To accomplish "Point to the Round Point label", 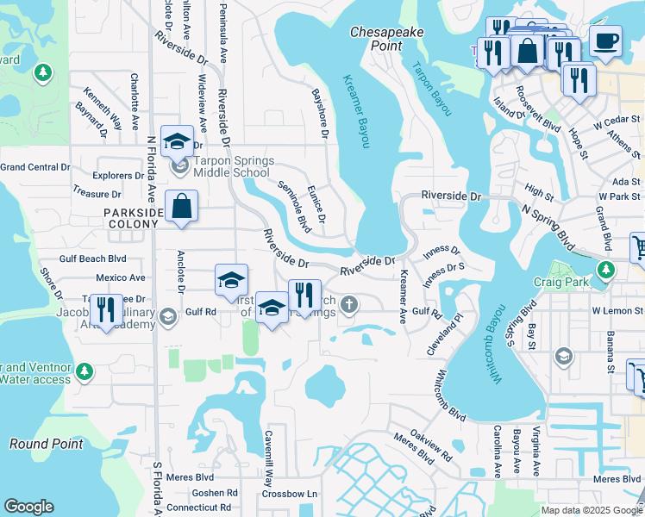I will pyautogui.click(x=47, y=444).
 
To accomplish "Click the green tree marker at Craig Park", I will pyautogui.click(x=607, y=270).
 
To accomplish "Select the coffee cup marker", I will pyautogui.click(x=605, y=40).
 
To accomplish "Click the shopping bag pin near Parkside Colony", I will pyautogui.click(x=182, y=207).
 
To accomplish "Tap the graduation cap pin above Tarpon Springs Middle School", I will pyautogui.click(x=178, y=141).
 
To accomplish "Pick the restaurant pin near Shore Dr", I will pyautogui.click(x=106, y=309).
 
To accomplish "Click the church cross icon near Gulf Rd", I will pyautogui.click(x=348, y=304).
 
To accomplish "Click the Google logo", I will pyautogui.click(x=29, y=507).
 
